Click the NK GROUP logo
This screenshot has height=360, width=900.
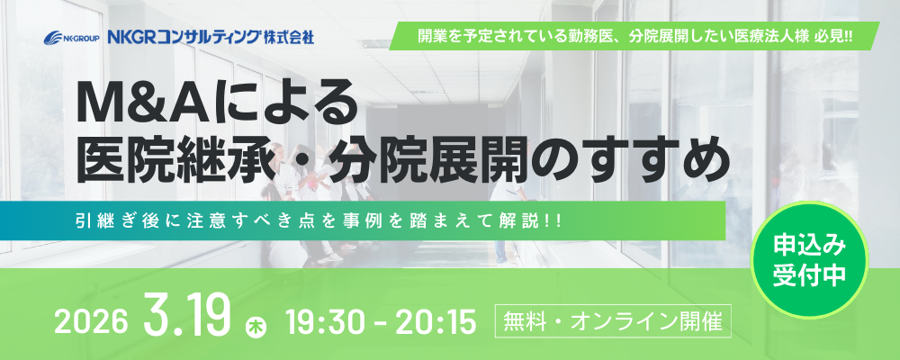72,39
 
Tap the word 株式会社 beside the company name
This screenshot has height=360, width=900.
289,38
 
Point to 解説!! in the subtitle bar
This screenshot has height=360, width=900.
528,220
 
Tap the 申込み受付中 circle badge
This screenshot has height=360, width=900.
809,260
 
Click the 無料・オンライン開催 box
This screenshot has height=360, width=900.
613,321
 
